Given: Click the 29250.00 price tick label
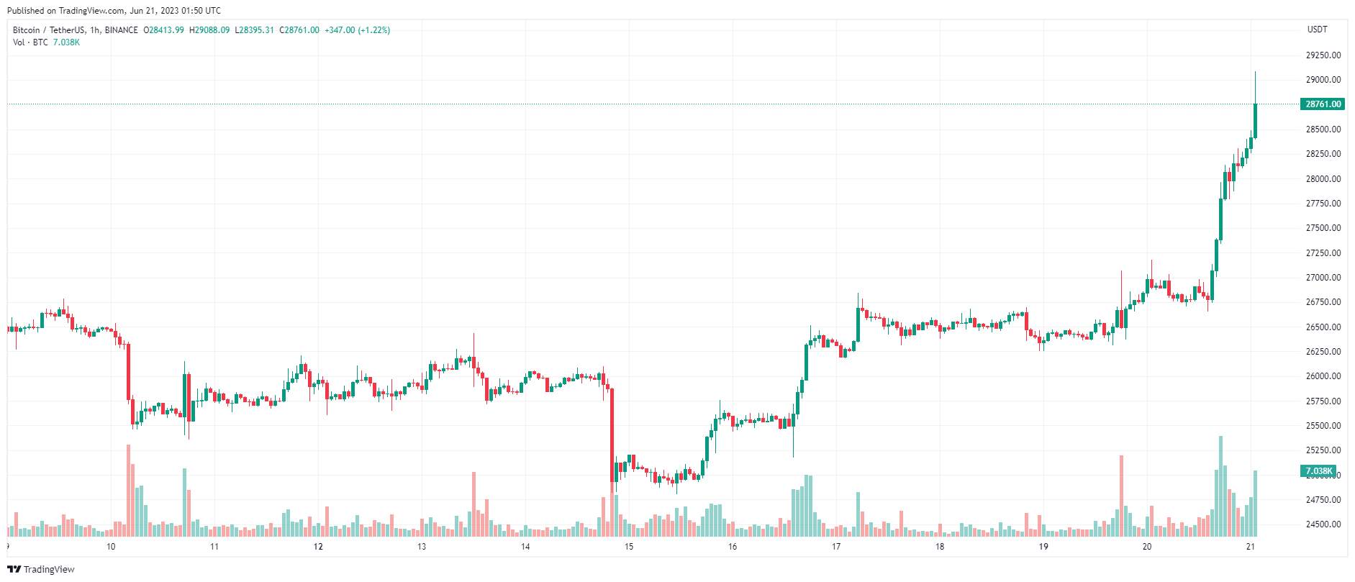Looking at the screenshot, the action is (x=1323, y=55).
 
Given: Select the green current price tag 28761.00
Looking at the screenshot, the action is (x=1323, y=104).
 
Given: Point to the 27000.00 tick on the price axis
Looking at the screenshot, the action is (x=1323, y=278).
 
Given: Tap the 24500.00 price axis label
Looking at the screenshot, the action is (x=1323, y=524).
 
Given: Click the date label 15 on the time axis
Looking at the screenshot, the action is (x=629, y=547).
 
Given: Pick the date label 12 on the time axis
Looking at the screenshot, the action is (x=318, y=547).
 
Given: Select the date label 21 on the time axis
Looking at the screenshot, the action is (x=1251, y=547).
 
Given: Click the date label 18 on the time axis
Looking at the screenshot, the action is (x=940, y=547).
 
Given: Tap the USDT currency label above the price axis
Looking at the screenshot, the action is (x=1318, y=29).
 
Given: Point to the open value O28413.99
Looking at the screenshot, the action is (x=164, y=30).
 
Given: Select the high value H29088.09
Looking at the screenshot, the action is (x=210, y=30).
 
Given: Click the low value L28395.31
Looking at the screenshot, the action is (x=255, y=30).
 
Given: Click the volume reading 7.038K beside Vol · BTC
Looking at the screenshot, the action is (x=67, y=42).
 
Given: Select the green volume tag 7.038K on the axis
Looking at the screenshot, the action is (x=1318, y=472).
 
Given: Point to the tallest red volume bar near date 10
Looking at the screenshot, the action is (x=129, y=491).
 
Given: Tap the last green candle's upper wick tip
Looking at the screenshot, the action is (x=1255, y=72).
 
